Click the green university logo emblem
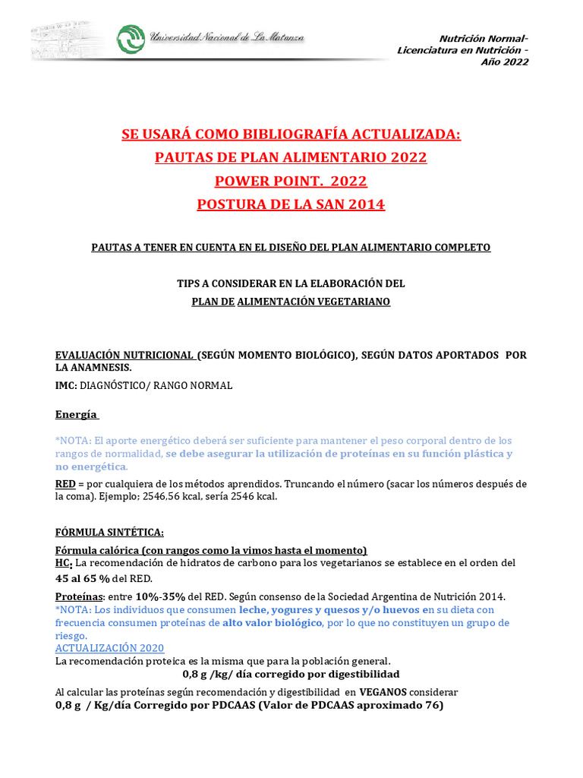click(130, 39)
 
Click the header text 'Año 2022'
click(505, 62)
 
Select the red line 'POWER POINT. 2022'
click(291, 181)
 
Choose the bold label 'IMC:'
click(66, 385)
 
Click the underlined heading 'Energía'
click(76, 415)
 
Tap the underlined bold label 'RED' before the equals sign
click(65, 484)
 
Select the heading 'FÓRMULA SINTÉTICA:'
click(109, 531)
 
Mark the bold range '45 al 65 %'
click(88, 578)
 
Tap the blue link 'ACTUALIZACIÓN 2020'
click(109, 648)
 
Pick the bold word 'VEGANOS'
click(383, 692)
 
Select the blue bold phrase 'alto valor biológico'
click(272, 623)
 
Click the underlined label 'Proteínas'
click(79, 596)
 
